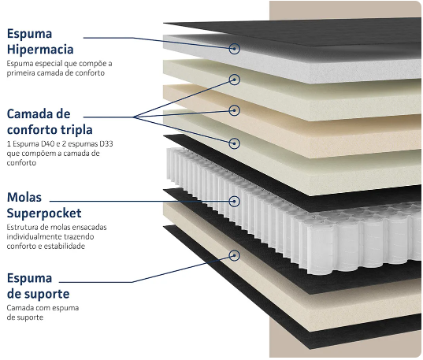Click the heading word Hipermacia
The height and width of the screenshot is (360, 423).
pos(40,50)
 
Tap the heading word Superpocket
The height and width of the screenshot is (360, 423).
pos(44,213)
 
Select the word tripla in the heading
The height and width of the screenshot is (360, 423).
pos(76,129)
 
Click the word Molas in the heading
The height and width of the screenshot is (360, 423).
pos(24,197)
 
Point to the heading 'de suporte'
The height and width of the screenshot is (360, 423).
pos(38,294)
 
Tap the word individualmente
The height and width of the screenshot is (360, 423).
pos(34,236)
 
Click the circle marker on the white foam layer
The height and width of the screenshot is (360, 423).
pos(235,49)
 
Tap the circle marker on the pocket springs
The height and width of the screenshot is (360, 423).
pos(235,202)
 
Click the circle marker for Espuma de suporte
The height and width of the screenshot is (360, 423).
pos(235,255)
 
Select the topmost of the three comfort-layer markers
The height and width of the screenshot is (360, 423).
pos(235,80)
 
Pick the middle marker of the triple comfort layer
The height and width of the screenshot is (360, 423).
pos(235,110)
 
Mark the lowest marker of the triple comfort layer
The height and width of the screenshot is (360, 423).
pos(235,143)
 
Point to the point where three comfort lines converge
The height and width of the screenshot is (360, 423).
pos(134,117)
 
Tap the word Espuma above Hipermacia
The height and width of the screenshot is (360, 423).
pos(29,35)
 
